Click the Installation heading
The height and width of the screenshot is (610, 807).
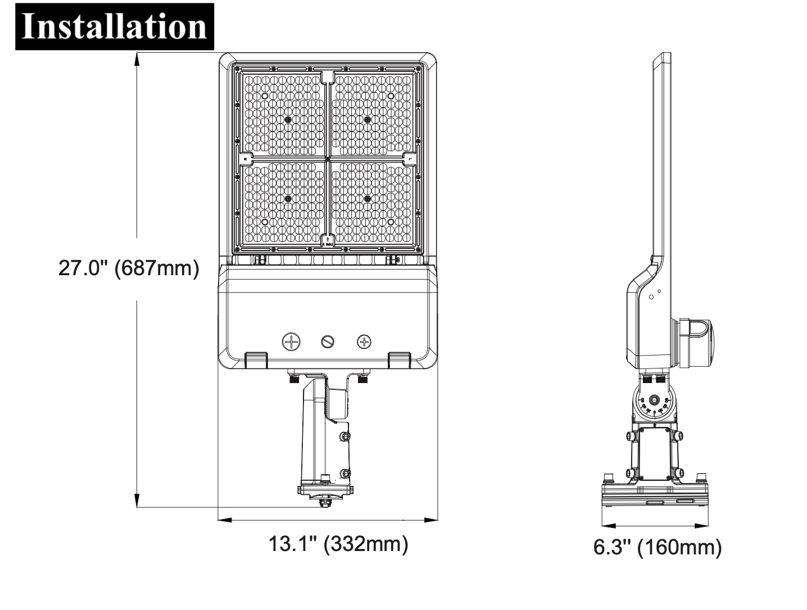click(114, 27)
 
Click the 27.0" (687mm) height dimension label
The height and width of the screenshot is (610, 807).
click(129, 268)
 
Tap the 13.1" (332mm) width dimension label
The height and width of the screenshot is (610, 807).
click(338, 544)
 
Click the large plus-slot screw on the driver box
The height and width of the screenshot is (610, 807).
click(291, 342)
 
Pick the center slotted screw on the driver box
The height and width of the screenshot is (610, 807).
click(327, 342)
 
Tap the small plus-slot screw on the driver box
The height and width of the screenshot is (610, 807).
click(364, 342)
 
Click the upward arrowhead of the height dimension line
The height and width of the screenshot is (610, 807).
click(137, 60)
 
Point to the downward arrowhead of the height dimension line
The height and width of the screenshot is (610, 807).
click(137, 500)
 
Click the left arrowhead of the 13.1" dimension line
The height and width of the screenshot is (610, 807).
click(225, 520)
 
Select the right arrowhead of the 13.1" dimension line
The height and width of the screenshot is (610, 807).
click(431, 520)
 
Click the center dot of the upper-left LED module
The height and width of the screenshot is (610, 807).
click(288, 120)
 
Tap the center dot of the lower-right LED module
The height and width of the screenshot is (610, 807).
click(367, 199)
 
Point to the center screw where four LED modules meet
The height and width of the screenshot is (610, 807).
click(327, 160)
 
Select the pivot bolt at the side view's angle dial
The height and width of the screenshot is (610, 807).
click(655, 399)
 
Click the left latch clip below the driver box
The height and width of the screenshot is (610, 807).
click(256, 360)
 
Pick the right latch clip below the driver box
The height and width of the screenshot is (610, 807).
click(399, 360)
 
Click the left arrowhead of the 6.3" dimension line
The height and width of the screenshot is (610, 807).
click(609, 526)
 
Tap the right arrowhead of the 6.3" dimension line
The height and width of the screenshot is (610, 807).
click(701, 526)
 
